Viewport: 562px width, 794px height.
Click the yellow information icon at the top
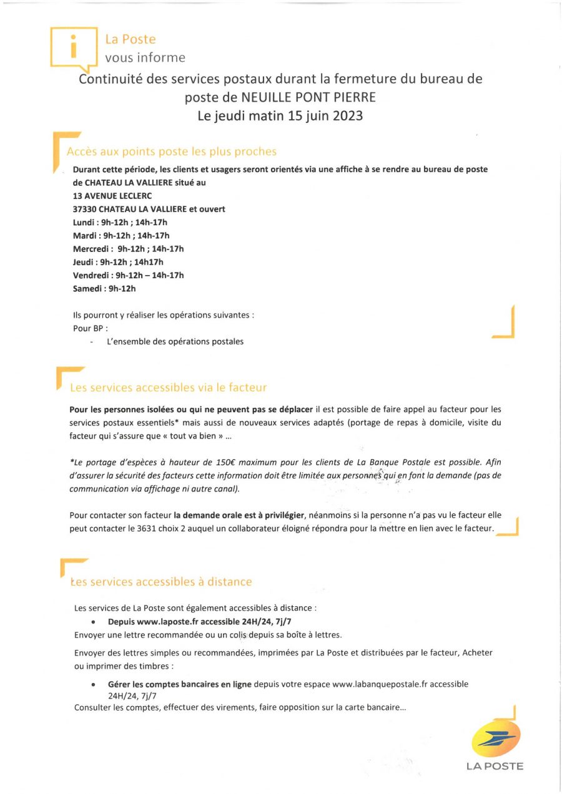point(74,46)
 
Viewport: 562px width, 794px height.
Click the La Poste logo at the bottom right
point(495,740)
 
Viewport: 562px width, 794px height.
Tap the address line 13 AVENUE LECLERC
point(112,196)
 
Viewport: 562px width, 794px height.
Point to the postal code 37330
point(84,209)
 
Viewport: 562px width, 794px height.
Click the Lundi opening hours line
point(121,223)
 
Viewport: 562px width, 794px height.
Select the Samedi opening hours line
point(104,288)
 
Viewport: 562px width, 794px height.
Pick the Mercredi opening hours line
point(129,249)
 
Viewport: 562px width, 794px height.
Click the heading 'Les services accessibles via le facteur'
point(169,387)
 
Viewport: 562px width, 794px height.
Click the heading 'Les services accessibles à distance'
point(161,582)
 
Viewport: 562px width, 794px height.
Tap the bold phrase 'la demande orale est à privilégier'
point(239,515)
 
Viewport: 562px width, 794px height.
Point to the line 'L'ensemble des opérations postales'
point(175,342)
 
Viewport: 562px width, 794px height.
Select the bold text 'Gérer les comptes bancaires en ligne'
point(180,684)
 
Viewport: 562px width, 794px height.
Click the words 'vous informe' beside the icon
point(145,58)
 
